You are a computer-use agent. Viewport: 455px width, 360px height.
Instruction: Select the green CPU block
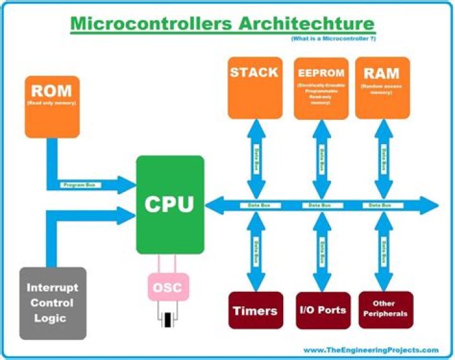pos(170,205)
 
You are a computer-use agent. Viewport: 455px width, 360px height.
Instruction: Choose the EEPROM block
pos(321,88)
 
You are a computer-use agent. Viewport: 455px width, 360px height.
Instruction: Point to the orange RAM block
pos(382,87)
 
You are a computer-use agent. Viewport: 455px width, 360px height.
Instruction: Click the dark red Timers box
pos(255,310)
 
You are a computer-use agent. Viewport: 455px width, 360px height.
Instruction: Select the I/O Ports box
pos(322,310)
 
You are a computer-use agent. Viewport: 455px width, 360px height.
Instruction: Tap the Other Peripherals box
pos(385,309)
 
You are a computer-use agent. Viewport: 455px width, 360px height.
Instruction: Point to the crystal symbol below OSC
pos(168,320)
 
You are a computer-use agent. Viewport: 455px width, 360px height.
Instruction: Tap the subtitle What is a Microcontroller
pos(332,40)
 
